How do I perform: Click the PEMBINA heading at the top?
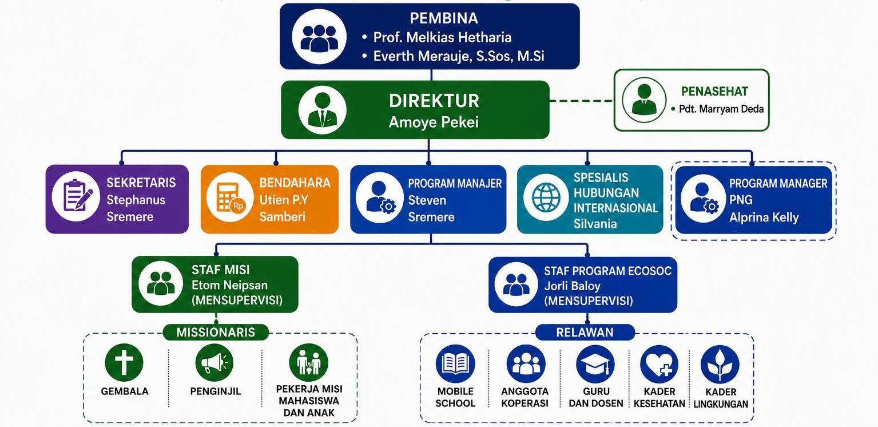(x=444, y=18)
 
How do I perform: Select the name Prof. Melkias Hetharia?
(x=442, y=37)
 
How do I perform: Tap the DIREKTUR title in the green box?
(x=434, y=101)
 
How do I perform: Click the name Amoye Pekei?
(x=434, y=122)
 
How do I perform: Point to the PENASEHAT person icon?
(x=644, y=100)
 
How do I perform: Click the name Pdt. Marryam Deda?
(x=721, y=109)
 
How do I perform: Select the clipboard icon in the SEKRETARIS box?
(x=76, y=196)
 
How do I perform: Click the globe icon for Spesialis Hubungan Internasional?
(x=546, y=197)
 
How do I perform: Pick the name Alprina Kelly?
(x=764, y=218)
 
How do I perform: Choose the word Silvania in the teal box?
(x=595, y=223)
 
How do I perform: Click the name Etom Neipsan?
(x=229, y=285)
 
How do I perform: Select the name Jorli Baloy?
(x=572, y=286)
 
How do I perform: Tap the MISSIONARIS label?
(x=216, y=332)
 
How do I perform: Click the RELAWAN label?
(x=585, y=332)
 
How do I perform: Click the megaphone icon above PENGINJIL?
(x=214, y=363)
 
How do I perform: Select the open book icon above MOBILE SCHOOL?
(x=455, y=364)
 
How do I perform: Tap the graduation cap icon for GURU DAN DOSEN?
(x=595, y=364)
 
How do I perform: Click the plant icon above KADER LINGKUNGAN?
(x=720, y=364)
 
